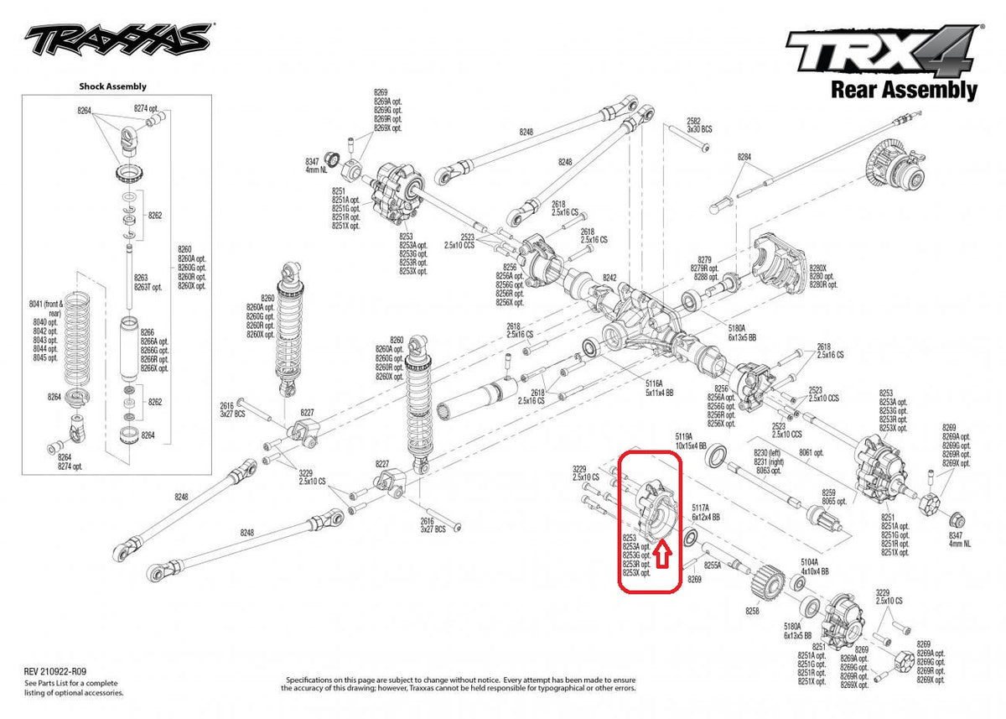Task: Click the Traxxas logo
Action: [x=117, y=38]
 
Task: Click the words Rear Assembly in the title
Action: [x=904, y=89]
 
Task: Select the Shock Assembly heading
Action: [x=112, y=86]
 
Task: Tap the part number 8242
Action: [x=609, y=278]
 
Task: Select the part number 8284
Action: [x=745, y=157]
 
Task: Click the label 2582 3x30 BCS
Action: [x=698, y=126]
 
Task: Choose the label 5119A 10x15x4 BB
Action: [x=691, y=441]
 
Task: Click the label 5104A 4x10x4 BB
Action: [x=814, y=566]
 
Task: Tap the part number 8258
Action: [x=752, y=612]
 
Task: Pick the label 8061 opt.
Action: [x=811, y=451]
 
